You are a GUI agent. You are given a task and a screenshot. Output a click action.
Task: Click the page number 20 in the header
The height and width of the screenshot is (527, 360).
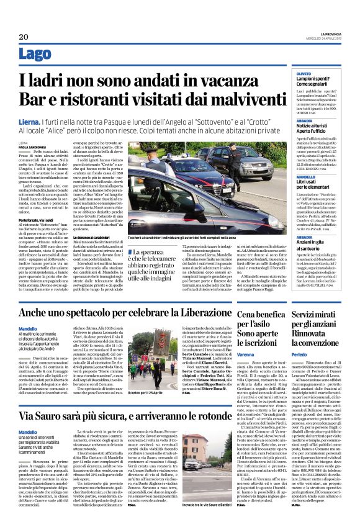[x=23, y=37]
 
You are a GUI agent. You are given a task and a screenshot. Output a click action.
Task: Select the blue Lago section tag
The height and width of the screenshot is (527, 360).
[x=34, y=55]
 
